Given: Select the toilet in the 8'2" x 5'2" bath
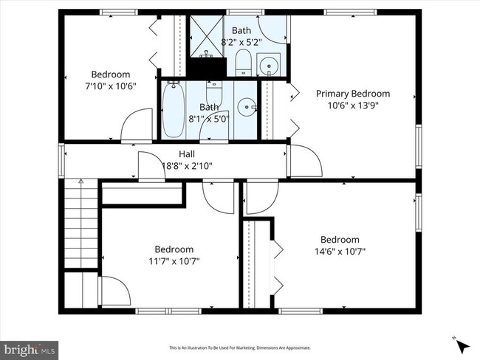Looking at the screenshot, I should point(244,63).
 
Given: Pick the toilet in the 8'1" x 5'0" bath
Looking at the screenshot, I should point(213,94).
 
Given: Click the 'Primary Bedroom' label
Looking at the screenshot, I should point(353,93).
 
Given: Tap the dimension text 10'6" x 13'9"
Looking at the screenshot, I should point(353,105).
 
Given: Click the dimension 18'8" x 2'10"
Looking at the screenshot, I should point(186,166).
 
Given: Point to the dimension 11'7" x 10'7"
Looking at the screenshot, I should point(174,260).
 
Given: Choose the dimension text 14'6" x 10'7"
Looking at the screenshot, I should point(340,251).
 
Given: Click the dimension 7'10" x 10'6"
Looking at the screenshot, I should point(111,86).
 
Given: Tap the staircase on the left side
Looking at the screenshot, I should point(80,225).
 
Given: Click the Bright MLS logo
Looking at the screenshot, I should point(30,347).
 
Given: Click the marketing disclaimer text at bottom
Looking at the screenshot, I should point(240,347).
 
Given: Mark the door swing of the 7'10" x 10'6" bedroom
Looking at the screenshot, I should point(136,126).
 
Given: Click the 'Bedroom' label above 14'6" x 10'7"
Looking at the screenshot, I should point(340,239).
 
